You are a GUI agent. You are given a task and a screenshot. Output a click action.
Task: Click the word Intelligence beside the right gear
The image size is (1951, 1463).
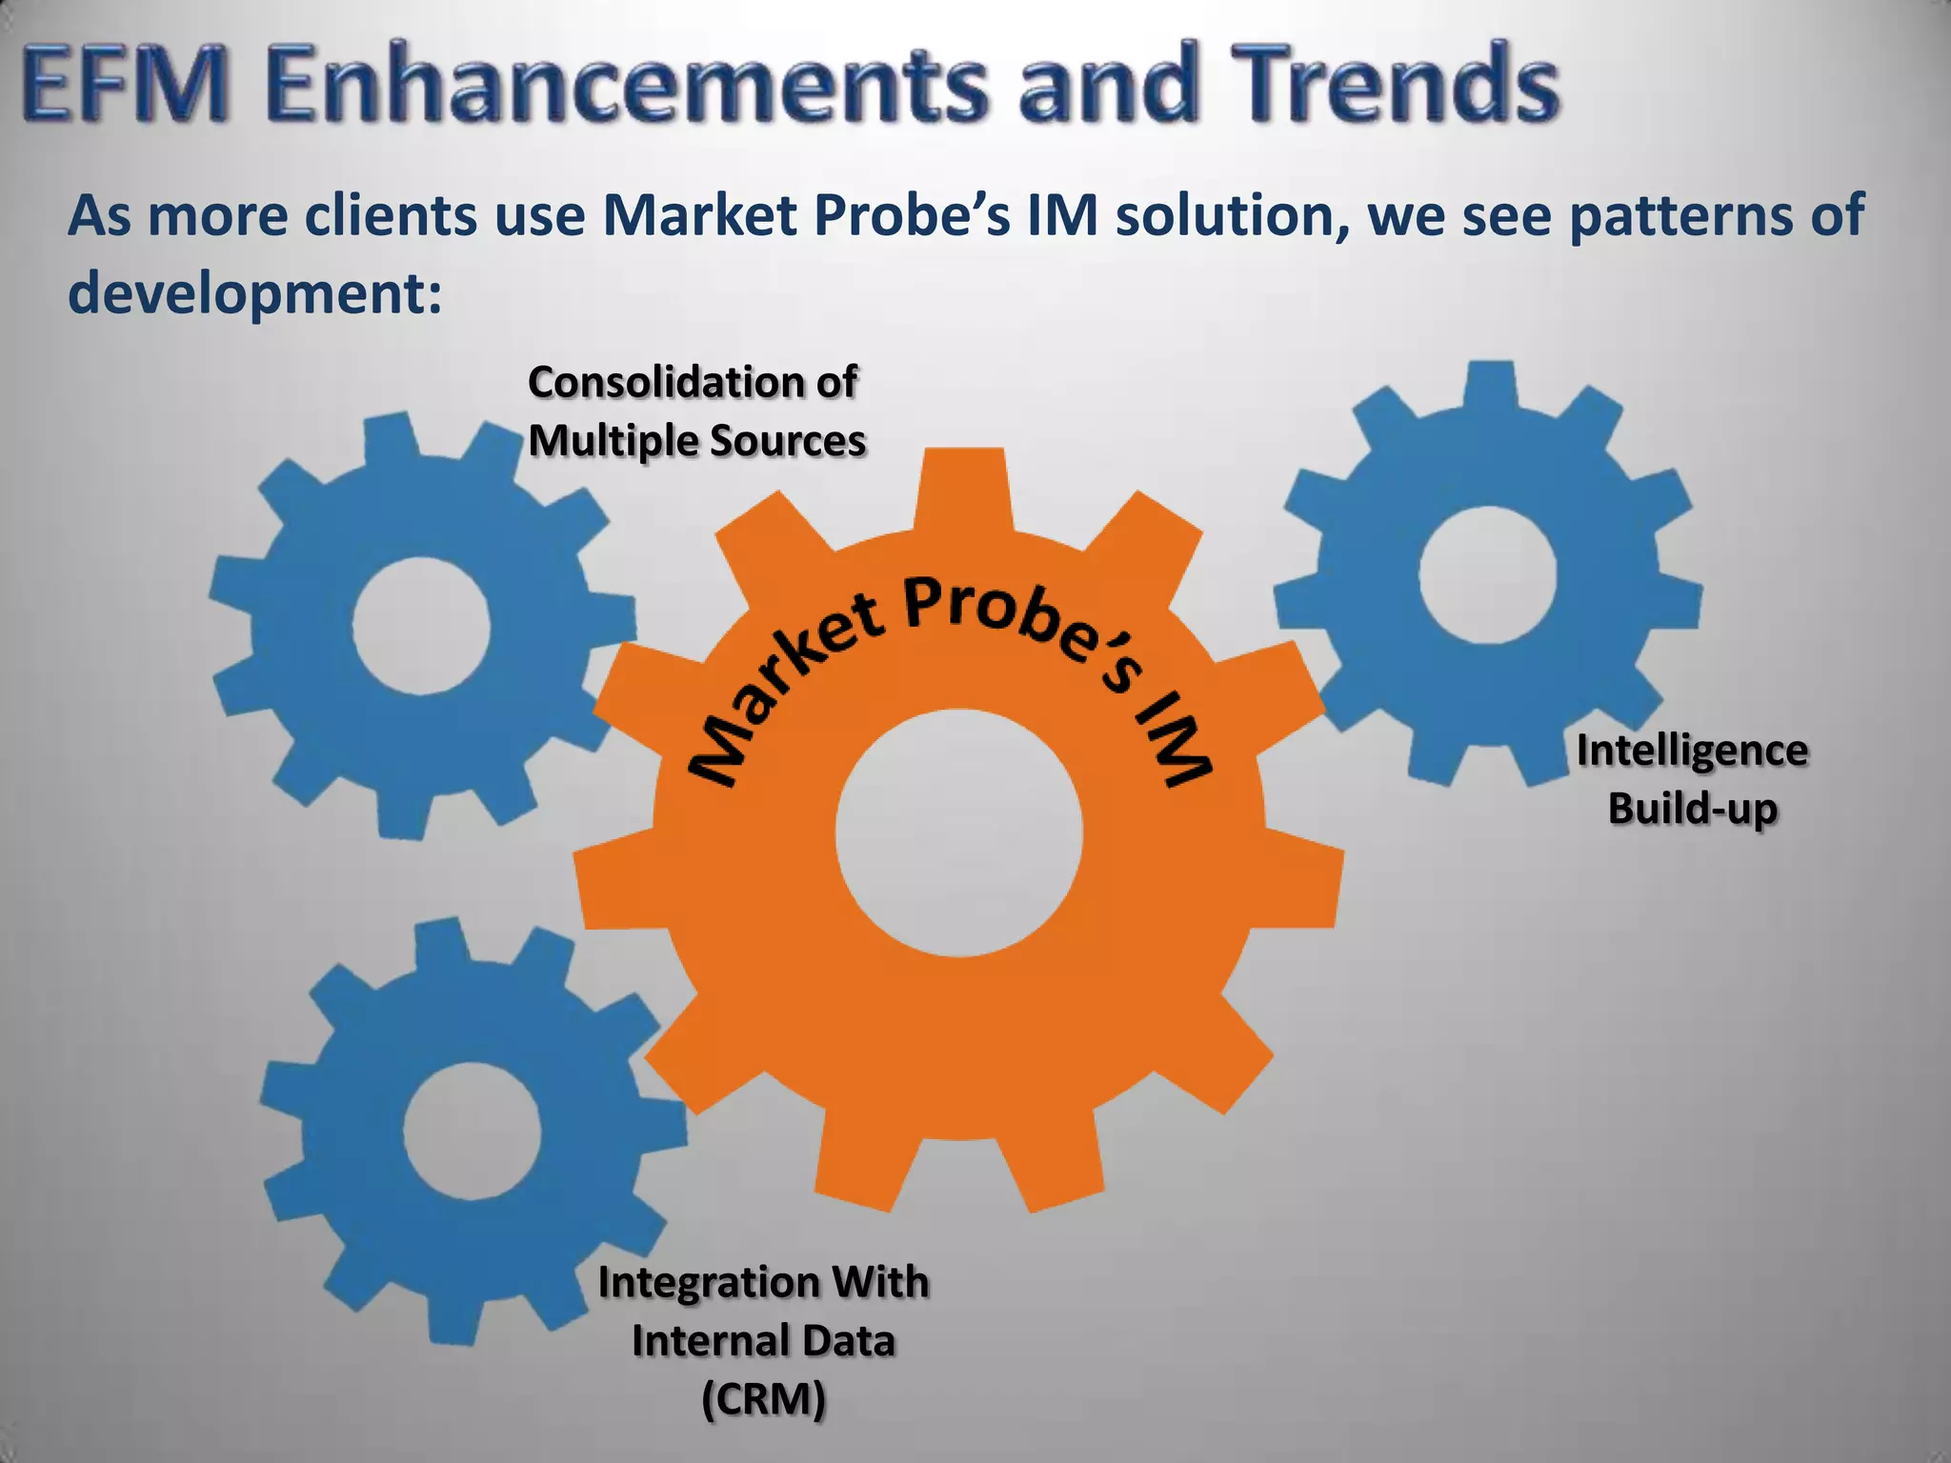(1692, 751)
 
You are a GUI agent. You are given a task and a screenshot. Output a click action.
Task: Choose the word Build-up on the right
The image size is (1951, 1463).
(1693, 809)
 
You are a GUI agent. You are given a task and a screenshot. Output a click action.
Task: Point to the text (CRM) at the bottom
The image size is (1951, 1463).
(763, 1399)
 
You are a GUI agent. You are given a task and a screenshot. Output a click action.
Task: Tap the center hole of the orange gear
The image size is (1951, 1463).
(959, 832)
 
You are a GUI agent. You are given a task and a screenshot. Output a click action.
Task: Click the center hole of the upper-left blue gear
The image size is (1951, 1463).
(421, 626)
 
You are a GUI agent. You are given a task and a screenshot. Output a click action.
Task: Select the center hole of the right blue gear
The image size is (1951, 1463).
(1487, 574)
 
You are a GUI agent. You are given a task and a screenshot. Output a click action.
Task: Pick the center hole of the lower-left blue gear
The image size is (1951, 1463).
(472, 1132)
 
